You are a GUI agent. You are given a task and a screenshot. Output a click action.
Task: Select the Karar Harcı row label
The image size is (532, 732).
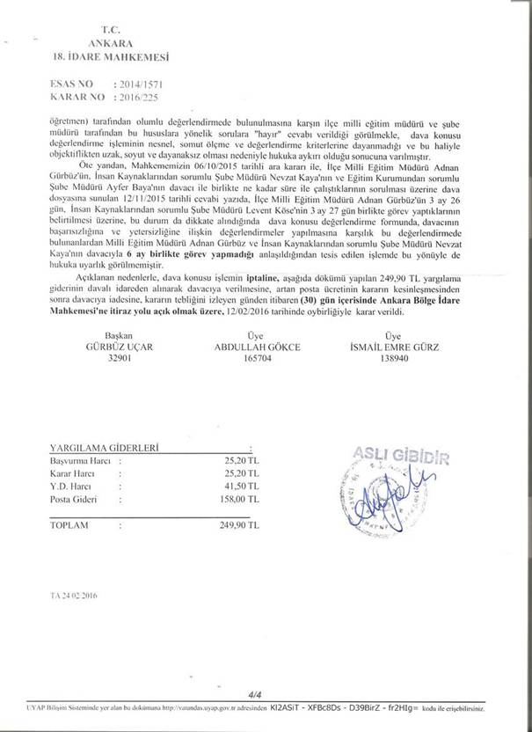point(73,472)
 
